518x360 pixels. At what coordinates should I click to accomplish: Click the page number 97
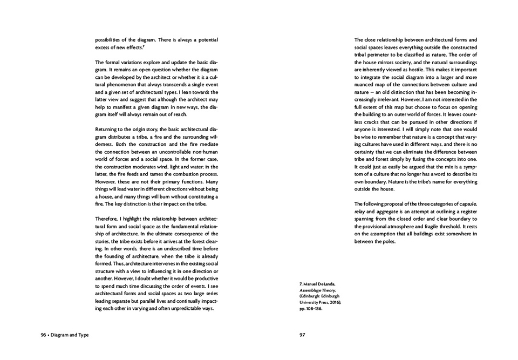click(x=303, y=335)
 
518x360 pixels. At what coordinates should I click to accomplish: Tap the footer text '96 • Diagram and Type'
click(x=65, y=335)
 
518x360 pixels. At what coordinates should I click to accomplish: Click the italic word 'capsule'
click(x=465, y=203)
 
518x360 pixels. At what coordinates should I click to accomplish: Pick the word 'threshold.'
click(x=460, y=226)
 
